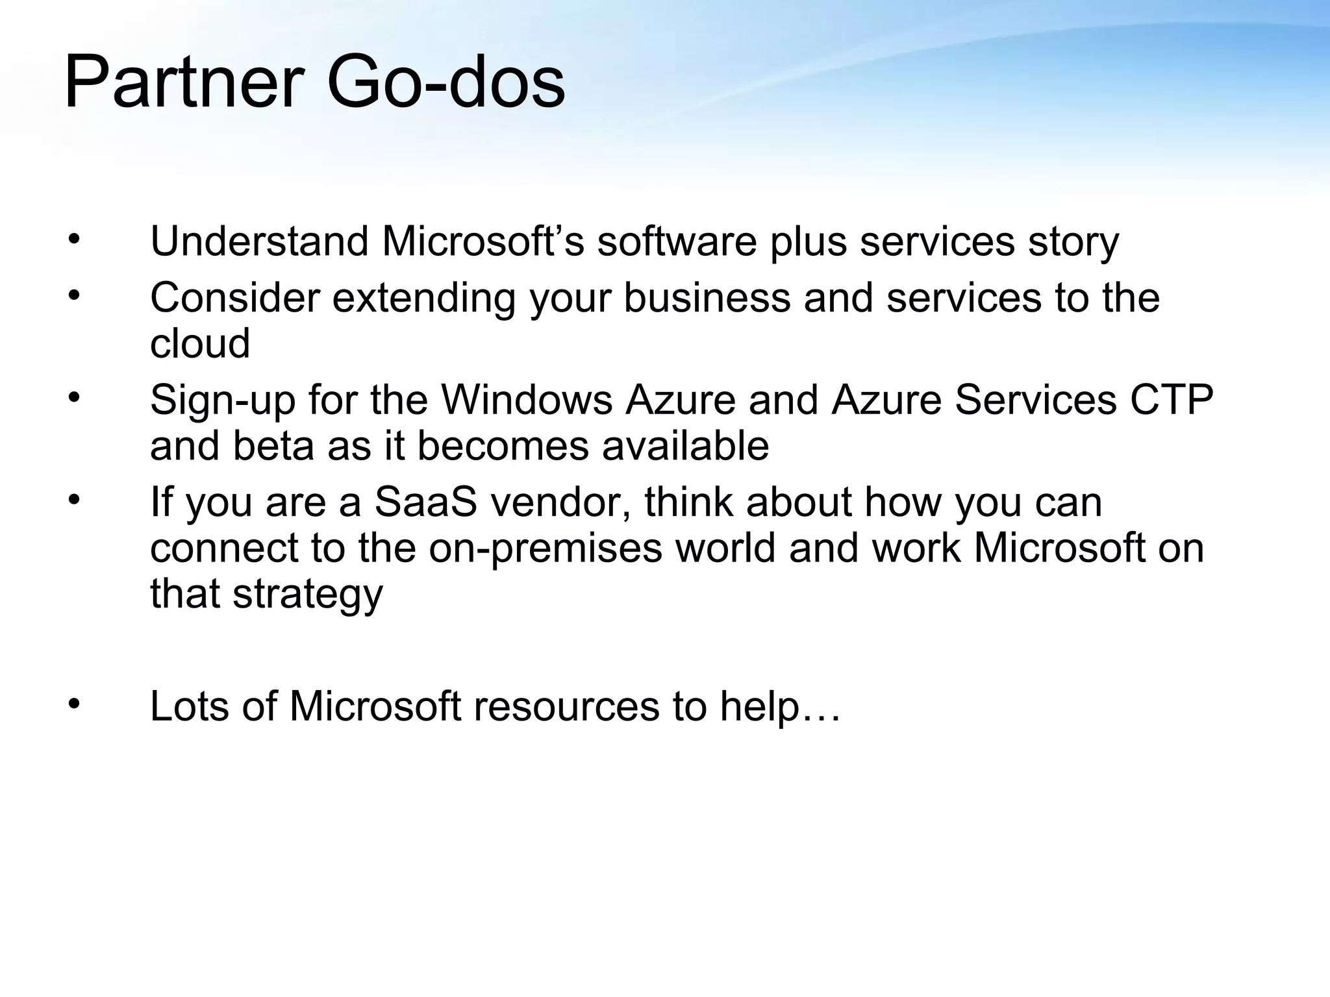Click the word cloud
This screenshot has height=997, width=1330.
[200, 343]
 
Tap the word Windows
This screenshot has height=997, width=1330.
[527, 400]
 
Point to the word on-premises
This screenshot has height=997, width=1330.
[546, 548]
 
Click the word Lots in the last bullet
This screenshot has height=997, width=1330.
[189, 706]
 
